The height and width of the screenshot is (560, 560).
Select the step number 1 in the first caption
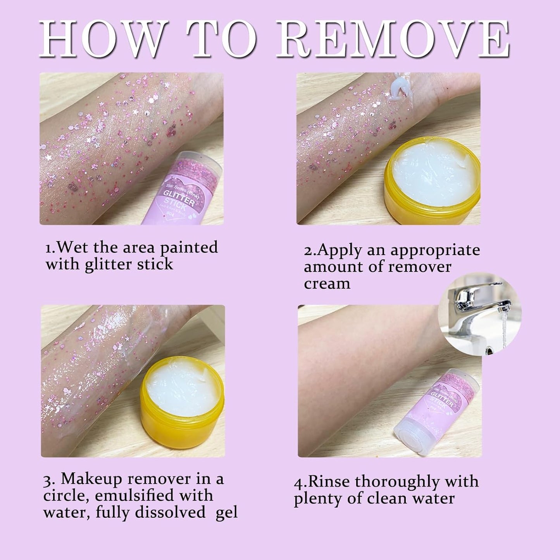point(48,248)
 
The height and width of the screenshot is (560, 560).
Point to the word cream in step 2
point(327,284)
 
